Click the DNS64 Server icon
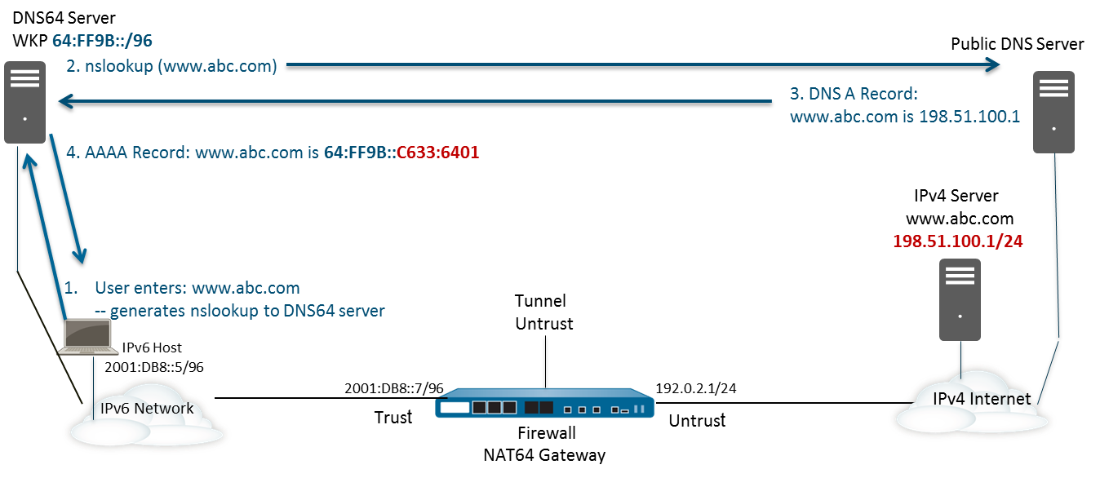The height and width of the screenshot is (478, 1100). (25, 104)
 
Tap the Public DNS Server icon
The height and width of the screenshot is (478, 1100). (1053, 113)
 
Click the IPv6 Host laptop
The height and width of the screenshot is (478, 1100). (86, 336)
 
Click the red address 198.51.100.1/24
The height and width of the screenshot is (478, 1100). (958, 241)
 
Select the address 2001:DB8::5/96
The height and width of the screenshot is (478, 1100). (154, 368)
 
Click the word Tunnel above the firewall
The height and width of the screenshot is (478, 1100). (540, 301)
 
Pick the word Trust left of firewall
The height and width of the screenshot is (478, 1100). (393, 417)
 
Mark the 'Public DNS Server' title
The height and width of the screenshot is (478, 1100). (1017, 44)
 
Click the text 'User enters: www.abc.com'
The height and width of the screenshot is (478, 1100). (197, 288)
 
